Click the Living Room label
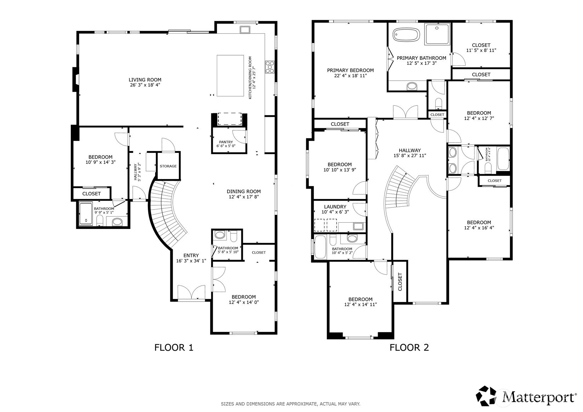click(x=145, y=80)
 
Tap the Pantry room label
click(x=226, y=142)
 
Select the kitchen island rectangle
click(x=230, y=75)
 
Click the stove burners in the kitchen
click(x=270, y=67)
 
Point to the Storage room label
click(x=168, y=166)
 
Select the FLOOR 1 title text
click(x=174, y=348)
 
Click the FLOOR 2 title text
click(x=409, y=348)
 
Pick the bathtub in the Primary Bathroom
click(x=406, y=35)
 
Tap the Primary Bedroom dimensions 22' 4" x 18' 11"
click(x=350, y=76)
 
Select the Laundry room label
click(x=335, y=207)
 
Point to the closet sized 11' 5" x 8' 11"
click(x=481, y=48)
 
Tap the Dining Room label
click(x=244, y=191)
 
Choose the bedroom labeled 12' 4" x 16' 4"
click(x=479, y=225)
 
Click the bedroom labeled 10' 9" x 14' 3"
click(x=101, y=160)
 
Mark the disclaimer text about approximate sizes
click(x=291, y=404)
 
